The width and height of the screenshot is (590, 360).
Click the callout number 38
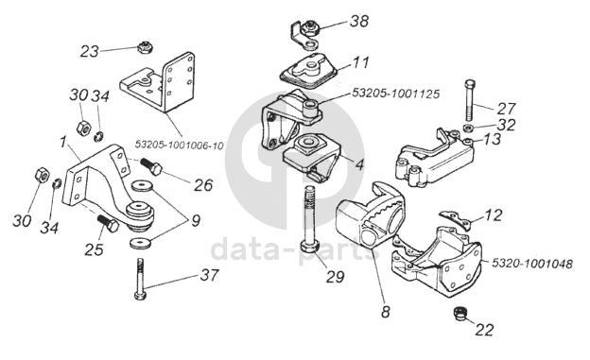[x=359, y=21]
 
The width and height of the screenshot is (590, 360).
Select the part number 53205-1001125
[x=396, y=94]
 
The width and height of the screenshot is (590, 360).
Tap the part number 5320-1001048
[x=532, y=264]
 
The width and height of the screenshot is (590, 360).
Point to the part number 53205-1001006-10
[x=179, y=145]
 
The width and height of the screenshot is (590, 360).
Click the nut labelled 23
[x=143, y=47]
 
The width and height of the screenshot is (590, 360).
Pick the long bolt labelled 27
[x=470, y=100]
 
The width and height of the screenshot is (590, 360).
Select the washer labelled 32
[x=468, y=128]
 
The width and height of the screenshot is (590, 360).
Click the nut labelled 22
[x=460, y=314]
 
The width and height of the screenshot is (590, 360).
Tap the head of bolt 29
[x=310, y=248]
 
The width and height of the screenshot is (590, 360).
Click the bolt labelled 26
[x=151, y=167]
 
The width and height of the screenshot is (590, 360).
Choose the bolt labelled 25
[x=109, y=223]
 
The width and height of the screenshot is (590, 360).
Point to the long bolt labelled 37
[x=140, y=279]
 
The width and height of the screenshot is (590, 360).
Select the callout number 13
[x=492, y=139]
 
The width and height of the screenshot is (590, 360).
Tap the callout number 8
[x=386, y=311]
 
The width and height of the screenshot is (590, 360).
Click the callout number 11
[x=360, y=62]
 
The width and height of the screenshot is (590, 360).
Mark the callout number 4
[x=359, y=164]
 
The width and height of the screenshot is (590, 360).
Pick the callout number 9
[x=196, y=221]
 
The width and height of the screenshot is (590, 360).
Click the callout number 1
[x=62, y=142]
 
